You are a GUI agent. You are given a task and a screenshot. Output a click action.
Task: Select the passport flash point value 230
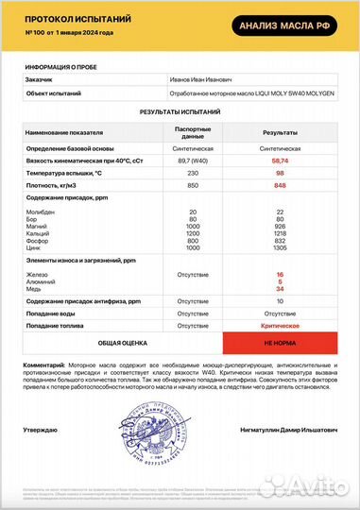194,175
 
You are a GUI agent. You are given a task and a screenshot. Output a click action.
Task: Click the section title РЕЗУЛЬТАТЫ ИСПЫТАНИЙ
180,110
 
